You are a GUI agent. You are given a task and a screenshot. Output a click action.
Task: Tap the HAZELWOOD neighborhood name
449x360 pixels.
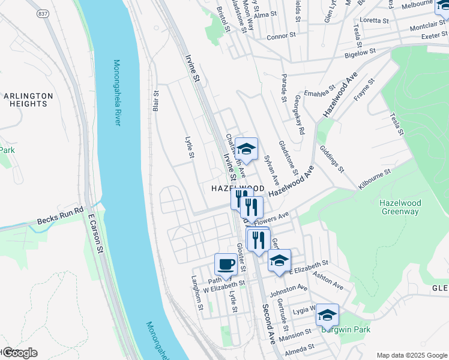[x=238, y=188]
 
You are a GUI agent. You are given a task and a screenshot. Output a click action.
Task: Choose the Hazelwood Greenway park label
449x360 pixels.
[x=399, y=207]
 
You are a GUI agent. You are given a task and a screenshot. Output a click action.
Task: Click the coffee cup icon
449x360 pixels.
[x=226, y=264]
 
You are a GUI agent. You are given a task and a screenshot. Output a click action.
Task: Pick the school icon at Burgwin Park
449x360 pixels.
[x=327, y=314]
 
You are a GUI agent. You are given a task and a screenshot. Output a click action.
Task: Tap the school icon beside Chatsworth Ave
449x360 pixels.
[x=246, y=148]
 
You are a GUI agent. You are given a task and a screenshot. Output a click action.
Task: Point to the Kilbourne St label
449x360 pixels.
[x=375, y=179]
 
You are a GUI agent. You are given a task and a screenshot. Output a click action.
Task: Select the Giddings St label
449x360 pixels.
[x=331, y=158]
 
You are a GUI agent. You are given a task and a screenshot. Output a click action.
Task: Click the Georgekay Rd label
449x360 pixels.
[x=300, y=114]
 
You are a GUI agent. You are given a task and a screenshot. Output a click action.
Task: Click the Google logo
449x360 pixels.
[x=19, y=353]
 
